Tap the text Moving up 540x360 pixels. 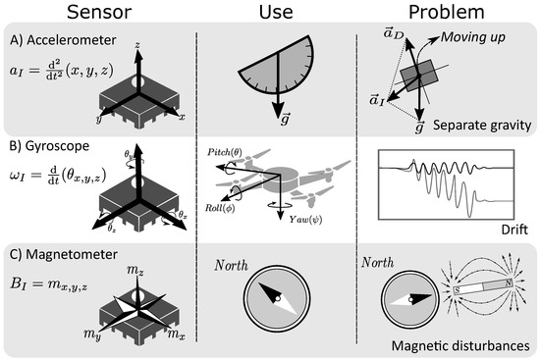pyautogui.click(x=487, y=38)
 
